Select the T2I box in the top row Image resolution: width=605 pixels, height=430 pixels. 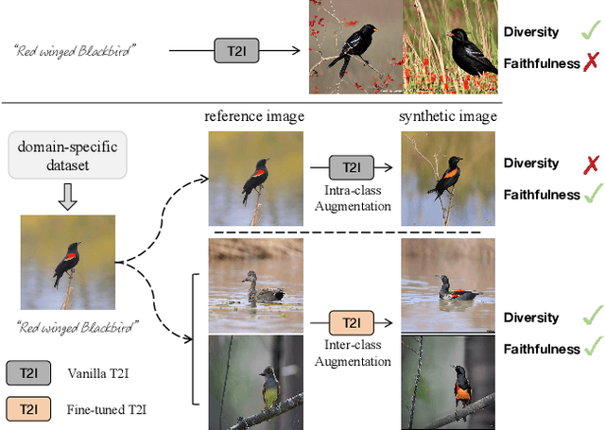click(230, 51)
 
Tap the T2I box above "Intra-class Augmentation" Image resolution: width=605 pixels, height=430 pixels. click(351, 168)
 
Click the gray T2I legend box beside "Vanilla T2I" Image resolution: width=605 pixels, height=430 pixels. click(30, 374)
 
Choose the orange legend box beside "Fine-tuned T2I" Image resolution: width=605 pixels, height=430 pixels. click(30, 409)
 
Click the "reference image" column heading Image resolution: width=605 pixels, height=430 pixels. click(255, 116)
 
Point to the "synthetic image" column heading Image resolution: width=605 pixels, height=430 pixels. click(448, 116)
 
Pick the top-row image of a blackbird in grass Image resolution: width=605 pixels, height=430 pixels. click(449, 47)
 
